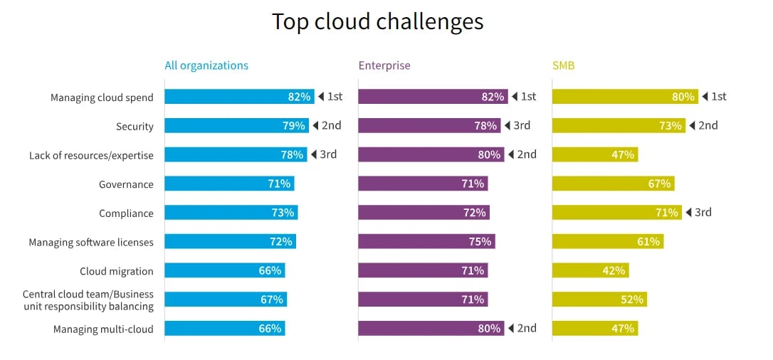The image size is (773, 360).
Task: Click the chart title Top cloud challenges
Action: (x=377, y=21)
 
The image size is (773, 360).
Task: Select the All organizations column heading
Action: (x=206, y=65)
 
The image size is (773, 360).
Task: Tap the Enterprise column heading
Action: (x=384, y=65)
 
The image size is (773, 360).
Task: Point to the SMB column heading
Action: (x=563, y=65)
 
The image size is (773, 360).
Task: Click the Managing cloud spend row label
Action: (x=102, y=97)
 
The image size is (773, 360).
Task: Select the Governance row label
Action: (x=126, y=184)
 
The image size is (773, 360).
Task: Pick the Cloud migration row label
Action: (x=116, y=271)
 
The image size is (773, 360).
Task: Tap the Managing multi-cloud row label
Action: (x=103, y=329)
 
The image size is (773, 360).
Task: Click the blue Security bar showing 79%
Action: (x=236, y=126)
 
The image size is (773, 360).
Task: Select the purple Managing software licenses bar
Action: (x=426, y=242)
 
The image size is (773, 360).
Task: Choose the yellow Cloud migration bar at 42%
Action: (x=590, y=271)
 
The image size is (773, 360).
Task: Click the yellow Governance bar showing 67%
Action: (x=612, y=184)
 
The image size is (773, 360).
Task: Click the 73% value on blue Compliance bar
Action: (x=283, y=213)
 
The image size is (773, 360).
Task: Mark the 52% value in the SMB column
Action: (x=631, y=300)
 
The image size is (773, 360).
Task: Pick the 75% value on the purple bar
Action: (x=480, y=242)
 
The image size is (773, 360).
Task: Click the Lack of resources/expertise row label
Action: (x=91, y=155)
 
